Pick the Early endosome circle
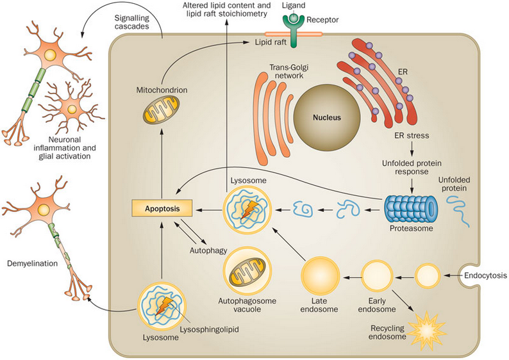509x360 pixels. coord(376,277)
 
